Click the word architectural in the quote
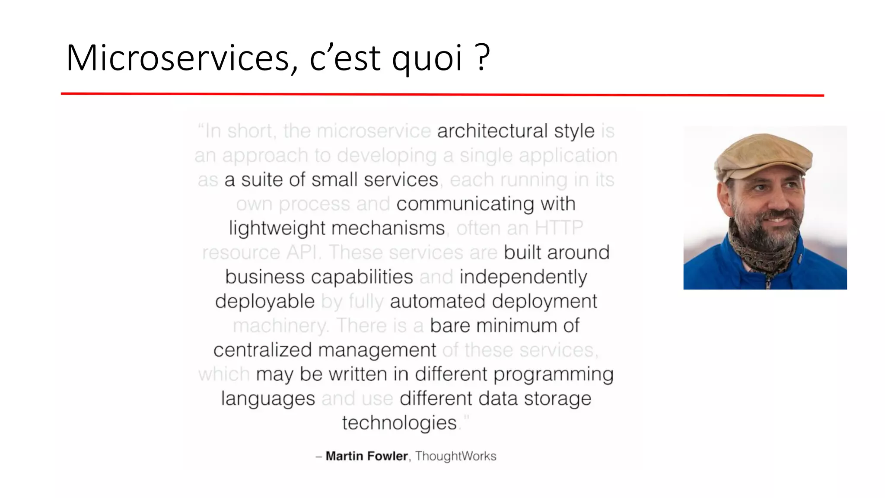[493, 131]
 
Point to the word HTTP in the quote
[559, 228]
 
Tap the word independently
[523, 277]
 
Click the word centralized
[262, 350]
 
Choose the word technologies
[399, 423]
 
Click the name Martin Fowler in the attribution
[366, 456]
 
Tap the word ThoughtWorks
[455, 456]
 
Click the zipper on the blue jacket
[768, 283]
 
